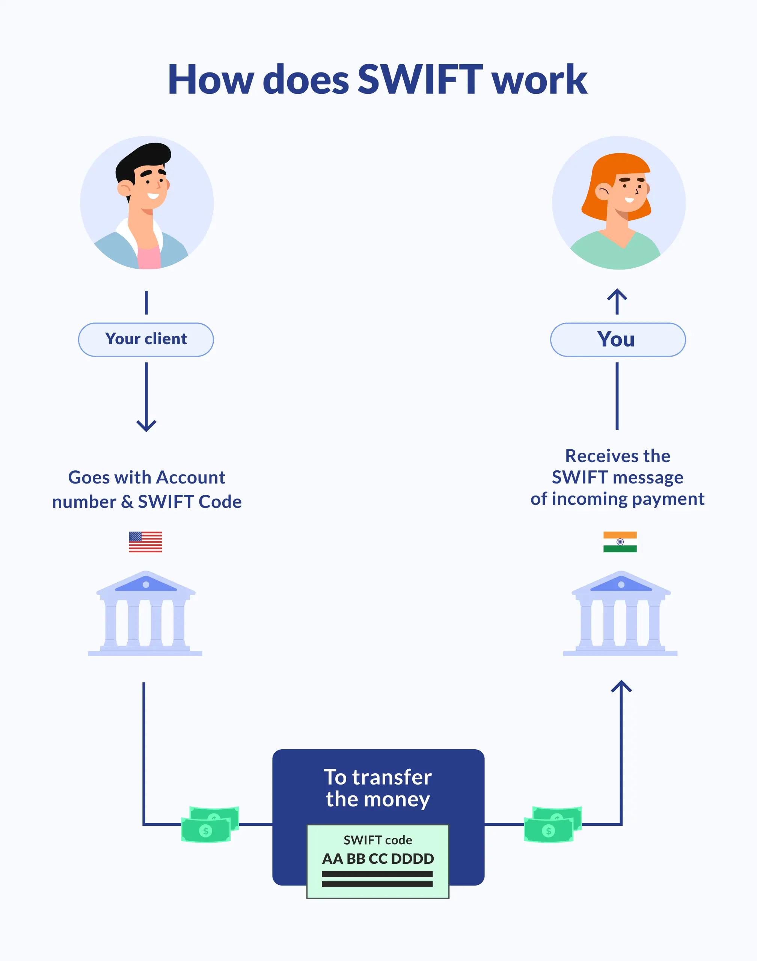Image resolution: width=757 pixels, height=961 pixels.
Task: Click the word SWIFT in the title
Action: click(x=420, y=80)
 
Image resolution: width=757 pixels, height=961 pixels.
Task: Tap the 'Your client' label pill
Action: click(x=146, y=339)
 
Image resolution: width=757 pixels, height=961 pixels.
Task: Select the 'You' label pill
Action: click(x=617, y=339)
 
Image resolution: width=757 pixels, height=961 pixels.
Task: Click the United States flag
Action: click(x=145, y=542)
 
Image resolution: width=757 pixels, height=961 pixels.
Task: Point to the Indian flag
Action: click(x=620, y=542)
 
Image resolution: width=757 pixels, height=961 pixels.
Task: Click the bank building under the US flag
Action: click(x=145, y=614)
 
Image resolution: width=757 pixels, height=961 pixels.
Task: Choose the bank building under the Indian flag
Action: click(x=620, y=614)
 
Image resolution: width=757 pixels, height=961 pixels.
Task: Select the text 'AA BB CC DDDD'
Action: click(x=378, y=859)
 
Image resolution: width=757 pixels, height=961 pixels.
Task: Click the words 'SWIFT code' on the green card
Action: click(x=378, y=840)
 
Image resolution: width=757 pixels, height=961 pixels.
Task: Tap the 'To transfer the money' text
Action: click(x=378, y=788)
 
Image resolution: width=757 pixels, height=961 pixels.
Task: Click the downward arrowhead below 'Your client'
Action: click(x=146, y=426)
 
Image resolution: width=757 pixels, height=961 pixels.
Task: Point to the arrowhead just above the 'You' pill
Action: click(x=617, y=294)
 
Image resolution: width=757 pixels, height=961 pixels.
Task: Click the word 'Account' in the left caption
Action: click(x=191, y=477)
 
